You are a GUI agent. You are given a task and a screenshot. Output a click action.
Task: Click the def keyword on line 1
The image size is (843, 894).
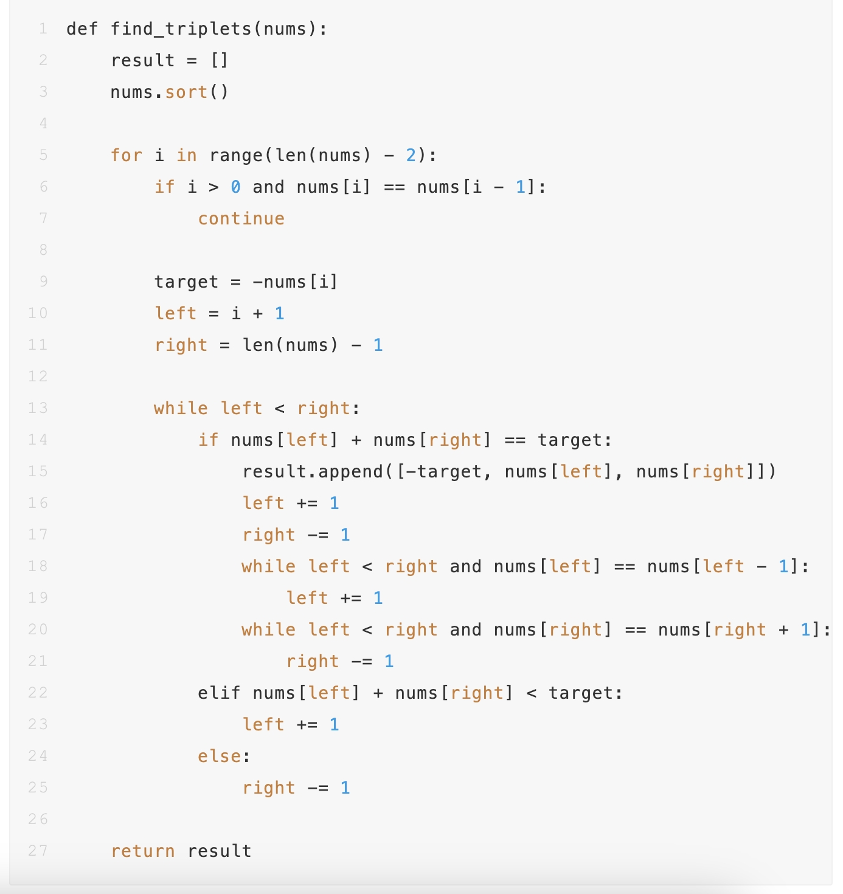82,29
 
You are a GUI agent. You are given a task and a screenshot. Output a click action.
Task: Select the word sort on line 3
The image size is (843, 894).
186,92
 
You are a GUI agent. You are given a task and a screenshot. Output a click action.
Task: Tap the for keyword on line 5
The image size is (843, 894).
127,156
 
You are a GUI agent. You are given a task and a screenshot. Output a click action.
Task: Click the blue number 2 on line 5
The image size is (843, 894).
411,156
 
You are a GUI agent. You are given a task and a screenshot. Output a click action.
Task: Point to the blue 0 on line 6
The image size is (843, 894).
236,187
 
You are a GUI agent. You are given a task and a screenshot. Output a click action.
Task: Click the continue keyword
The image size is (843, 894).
241,219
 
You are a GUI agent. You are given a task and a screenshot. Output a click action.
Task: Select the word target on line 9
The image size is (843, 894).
186,282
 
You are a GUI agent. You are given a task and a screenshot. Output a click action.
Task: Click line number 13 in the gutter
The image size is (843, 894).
38,408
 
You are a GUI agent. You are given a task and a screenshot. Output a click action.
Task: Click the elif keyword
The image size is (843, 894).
219,693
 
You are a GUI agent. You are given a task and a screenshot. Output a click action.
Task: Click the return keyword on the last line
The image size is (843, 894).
143,851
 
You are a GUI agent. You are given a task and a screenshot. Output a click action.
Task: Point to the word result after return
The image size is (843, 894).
220,851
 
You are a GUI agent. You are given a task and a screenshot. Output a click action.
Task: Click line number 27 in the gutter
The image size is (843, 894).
38,851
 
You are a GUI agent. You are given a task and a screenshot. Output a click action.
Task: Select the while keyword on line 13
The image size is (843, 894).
181,409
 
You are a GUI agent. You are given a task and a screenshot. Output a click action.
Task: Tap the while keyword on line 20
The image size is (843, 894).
268,630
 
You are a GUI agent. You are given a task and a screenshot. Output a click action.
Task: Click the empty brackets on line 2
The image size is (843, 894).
220,61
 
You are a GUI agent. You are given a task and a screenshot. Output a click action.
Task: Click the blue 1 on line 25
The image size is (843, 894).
345,788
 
